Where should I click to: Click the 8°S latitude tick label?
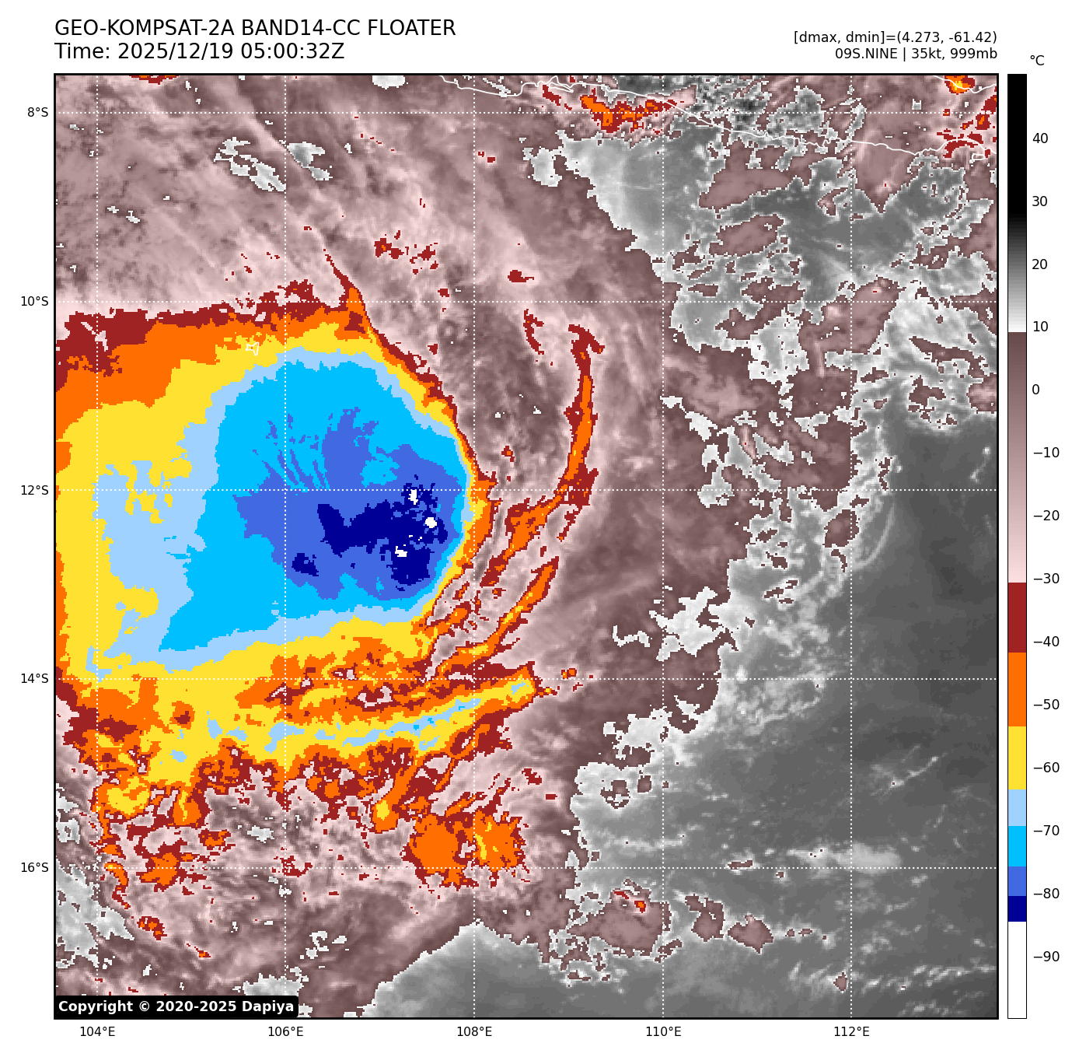37,113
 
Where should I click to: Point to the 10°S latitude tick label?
34,302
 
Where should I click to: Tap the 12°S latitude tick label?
34,490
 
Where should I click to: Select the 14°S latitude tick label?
34,679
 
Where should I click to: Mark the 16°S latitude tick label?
34,868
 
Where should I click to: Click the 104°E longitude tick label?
98,1032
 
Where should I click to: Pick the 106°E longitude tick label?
285,1032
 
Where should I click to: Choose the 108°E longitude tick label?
474,1032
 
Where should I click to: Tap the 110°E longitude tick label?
663,1032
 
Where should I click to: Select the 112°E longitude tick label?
851,1032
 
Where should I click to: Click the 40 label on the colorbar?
1040,139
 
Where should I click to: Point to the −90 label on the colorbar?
1046,957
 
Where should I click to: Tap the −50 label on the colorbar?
1046,705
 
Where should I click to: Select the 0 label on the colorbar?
1035,390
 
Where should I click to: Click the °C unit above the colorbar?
1037,61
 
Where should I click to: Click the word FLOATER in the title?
411,29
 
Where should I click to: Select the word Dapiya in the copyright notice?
267,1006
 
